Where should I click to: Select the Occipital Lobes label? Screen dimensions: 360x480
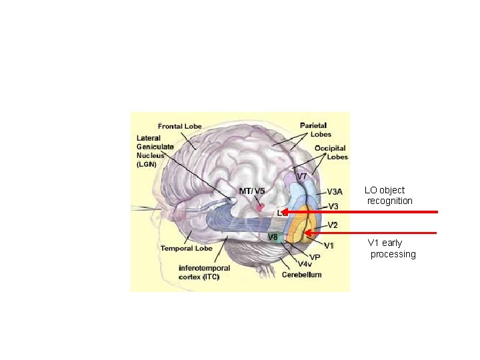click(x=332, y=153)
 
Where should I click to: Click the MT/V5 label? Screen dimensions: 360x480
click(x=251, y=191)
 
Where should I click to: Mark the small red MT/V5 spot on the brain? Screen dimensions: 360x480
click(x=261, y=207)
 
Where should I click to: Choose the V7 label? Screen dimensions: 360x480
click(x=301, y=177)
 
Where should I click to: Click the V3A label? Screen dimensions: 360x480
click(x=335, y=191)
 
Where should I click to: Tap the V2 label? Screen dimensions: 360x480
click(x=332, y=225)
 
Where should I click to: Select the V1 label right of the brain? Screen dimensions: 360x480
click(x=329, y=245)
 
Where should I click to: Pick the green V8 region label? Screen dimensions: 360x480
click(x=273, y=237)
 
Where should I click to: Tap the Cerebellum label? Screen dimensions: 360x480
click(x=301, y=275)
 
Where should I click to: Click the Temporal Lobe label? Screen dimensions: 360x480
click(x=186, y=248)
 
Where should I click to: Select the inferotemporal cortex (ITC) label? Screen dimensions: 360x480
click(x=204, y=272)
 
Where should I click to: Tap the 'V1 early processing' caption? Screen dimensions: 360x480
click(x=392, y=249)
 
